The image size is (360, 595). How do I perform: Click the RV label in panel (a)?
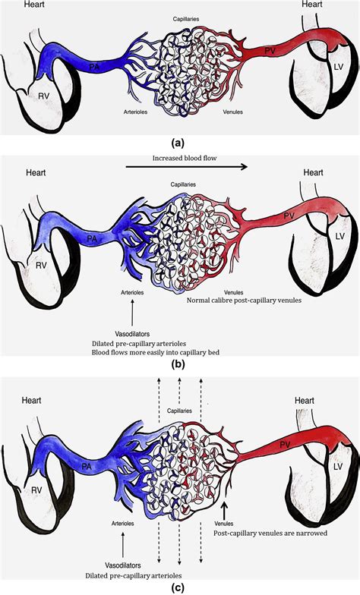[44, 96]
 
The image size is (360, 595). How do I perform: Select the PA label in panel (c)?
[87, 466]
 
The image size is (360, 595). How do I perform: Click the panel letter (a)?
[178, 143]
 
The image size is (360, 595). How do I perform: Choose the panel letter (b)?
[178, 364]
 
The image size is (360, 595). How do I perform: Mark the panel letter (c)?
[178, 587]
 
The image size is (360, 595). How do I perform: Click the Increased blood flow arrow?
[187, 165]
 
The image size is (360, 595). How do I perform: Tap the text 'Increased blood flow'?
[185, 158]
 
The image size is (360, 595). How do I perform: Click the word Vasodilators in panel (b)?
[132, 334]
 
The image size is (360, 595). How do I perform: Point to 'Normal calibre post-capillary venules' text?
[244, 301]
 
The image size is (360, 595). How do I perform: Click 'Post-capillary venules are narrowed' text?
[270, 533]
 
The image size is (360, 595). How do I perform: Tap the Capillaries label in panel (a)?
[185, 18]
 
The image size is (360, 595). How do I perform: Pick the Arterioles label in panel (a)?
[135, 112]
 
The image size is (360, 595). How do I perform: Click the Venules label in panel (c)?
[224, 524]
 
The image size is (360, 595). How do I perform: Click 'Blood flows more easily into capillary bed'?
[156, 352]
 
